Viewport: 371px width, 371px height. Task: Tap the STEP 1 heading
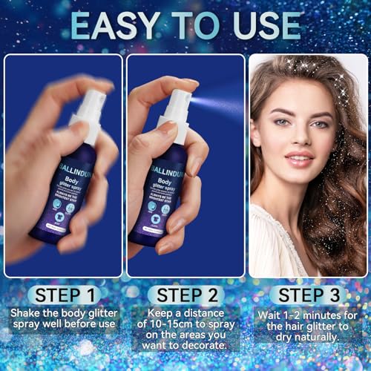pos(61,295)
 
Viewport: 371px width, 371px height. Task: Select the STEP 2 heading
pos(185,295)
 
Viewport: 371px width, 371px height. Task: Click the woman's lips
pos(299,158)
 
